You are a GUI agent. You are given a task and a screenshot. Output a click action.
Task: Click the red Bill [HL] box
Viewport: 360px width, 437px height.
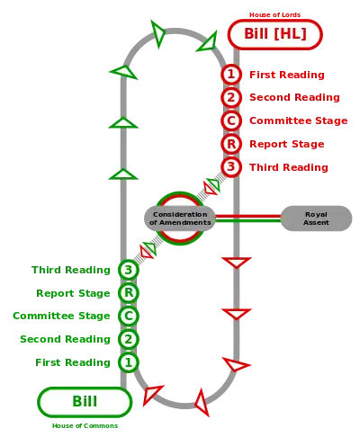(x=274, y=34)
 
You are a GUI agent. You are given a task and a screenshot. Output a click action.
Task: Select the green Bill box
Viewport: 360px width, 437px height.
(x=85, y=402)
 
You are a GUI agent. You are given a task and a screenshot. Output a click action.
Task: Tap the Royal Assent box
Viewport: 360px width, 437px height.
(x=316, y=218)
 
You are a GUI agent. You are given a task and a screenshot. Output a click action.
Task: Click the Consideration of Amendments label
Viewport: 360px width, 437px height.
(x=180, y=218)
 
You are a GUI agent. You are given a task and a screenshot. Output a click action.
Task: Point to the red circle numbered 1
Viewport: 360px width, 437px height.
(x=231, y=74)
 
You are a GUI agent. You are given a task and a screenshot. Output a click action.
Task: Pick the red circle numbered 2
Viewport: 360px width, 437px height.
(x=231, y=97)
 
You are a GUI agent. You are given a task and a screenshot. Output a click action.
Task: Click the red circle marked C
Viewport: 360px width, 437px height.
(x=231, y=120)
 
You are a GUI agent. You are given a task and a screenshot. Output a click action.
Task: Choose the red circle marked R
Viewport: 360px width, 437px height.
(x=231, y=144)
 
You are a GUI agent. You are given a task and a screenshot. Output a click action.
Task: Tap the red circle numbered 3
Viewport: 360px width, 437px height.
(x=231, y=166)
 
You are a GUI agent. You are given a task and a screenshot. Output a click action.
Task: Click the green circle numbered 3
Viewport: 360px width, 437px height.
(x=129, y=270)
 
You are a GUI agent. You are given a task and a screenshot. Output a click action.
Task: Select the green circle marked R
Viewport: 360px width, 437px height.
(x=129, y=293)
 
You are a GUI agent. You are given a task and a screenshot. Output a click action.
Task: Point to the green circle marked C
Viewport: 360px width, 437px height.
(x=129, y=316)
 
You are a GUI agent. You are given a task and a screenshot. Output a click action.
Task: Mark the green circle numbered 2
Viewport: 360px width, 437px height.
(x=129, y=339)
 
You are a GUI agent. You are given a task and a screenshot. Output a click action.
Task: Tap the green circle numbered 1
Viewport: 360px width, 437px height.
(x=129, y=362)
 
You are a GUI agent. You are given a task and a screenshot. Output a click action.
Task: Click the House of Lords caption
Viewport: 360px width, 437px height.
(x=274, y=14)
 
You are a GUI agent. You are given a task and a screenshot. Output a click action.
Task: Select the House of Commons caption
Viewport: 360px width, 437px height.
(x=85, y=425)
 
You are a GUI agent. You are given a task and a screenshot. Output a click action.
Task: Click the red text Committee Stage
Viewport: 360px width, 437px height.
(x=299, y=120)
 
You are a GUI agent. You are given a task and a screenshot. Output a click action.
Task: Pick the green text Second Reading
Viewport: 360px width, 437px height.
(x=65, y=339)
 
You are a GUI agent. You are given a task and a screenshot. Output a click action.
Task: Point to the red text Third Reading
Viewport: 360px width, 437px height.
(x=289, y=167)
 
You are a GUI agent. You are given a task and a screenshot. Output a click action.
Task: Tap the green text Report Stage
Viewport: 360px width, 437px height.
(x=73, y=293)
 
